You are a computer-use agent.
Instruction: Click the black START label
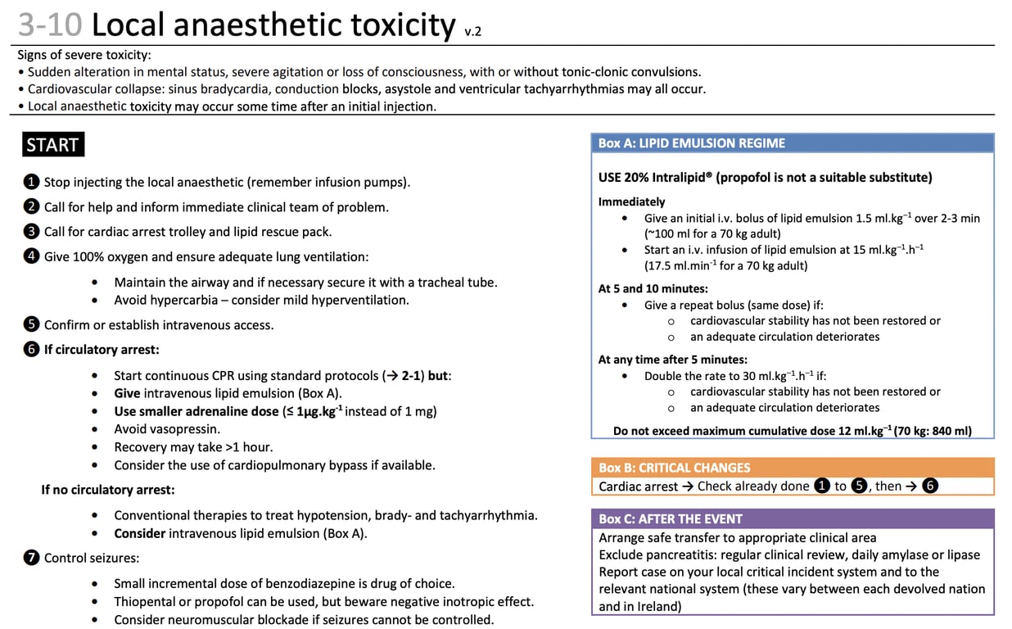coord(52,145)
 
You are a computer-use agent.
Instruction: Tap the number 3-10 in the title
coord(49,25)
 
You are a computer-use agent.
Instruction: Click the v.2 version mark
coord(472,33)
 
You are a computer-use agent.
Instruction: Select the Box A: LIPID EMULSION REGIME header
coord(691,143)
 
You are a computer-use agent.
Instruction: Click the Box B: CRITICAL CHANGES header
coord(674,468)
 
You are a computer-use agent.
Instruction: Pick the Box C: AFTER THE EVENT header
coord(670,518)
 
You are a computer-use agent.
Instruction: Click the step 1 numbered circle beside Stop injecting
coord(31,182)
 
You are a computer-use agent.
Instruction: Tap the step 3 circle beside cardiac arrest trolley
coord(31,232)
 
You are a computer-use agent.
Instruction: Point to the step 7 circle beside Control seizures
coord(31,559)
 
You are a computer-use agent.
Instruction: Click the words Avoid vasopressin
coord(167,428)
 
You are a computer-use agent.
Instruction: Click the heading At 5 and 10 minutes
coord(653,288)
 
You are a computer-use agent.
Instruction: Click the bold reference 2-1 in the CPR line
coord(413,376)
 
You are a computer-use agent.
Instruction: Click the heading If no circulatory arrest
coord(107,490)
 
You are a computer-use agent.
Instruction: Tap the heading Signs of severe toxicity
coord(84,55)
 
